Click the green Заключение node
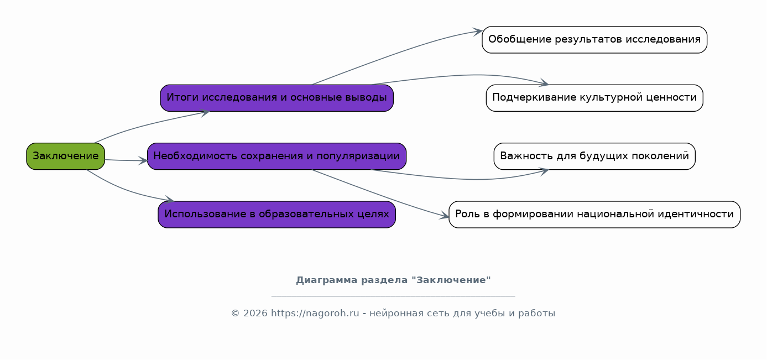tap(65, 156)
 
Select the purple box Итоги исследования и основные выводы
tap(276, 98)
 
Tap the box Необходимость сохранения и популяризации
tap(276, 156)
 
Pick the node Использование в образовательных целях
tap(276, 215)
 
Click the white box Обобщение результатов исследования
tap(594, 40)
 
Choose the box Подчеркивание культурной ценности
tap(594, 98)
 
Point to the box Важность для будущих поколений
tap(594, 156)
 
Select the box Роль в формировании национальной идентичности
tap(594, 215)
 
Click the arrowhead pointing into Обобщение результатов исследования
tap(477, 32)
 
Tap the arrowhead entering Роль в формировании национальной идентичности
tap(444, 216)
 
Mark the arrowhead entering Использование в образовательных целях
tap(169, 200)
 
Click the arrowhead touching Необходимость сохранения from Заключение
tap(143, 161)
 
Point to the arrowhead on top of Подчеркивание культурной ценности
tap(544, 82)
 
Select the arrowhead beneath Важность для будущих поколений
tap(544, 171)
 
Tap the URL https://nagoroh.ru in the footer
tap(315, 314)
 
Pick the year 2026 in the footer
tap(255, 314)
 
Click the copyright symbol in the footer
tap(235, 314)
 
